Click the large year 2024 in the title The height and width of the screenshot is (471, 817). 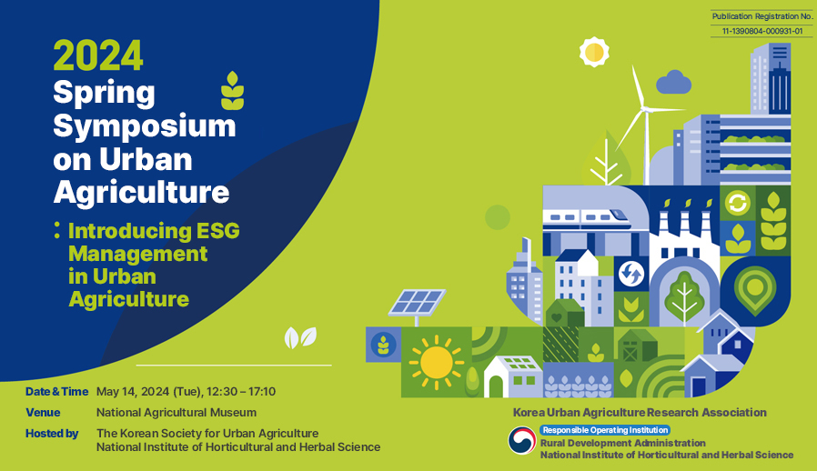click(98, 55)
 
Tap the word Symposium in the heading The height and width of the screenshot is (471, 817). click(145, 126)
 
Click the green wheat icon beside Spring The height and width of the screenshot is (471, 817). click(232, 91)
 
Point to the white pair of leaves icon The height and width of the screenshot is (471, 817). click(300, 337)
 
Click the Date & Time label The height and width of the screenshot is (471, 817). click(56, 392)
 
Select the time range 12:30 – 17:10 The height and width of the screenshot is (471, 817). click(241, 392)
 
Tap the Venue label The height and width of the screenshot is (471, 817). click(43, 413)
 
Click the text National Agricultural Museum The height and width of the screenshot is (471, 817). click(177, 413)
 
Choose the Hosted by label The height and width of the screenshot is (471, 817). click(52, 434)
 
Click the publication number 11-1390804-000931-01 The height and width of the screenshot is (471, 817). click(762, 31)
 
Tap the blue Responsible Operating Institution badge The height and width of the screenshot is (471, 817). click(605, 430)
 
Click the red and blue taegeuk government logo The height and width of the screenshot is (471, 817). click(522, 440)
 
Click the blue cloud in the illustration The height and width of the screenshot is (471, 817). click(674, 83)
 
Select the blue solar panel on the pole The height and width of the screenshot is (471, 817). click(417, 302)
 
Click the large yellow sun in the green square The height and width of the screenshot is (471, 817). click(436, 362)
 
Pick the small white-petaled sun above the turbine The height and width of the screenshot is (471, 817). click(594, 52)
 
